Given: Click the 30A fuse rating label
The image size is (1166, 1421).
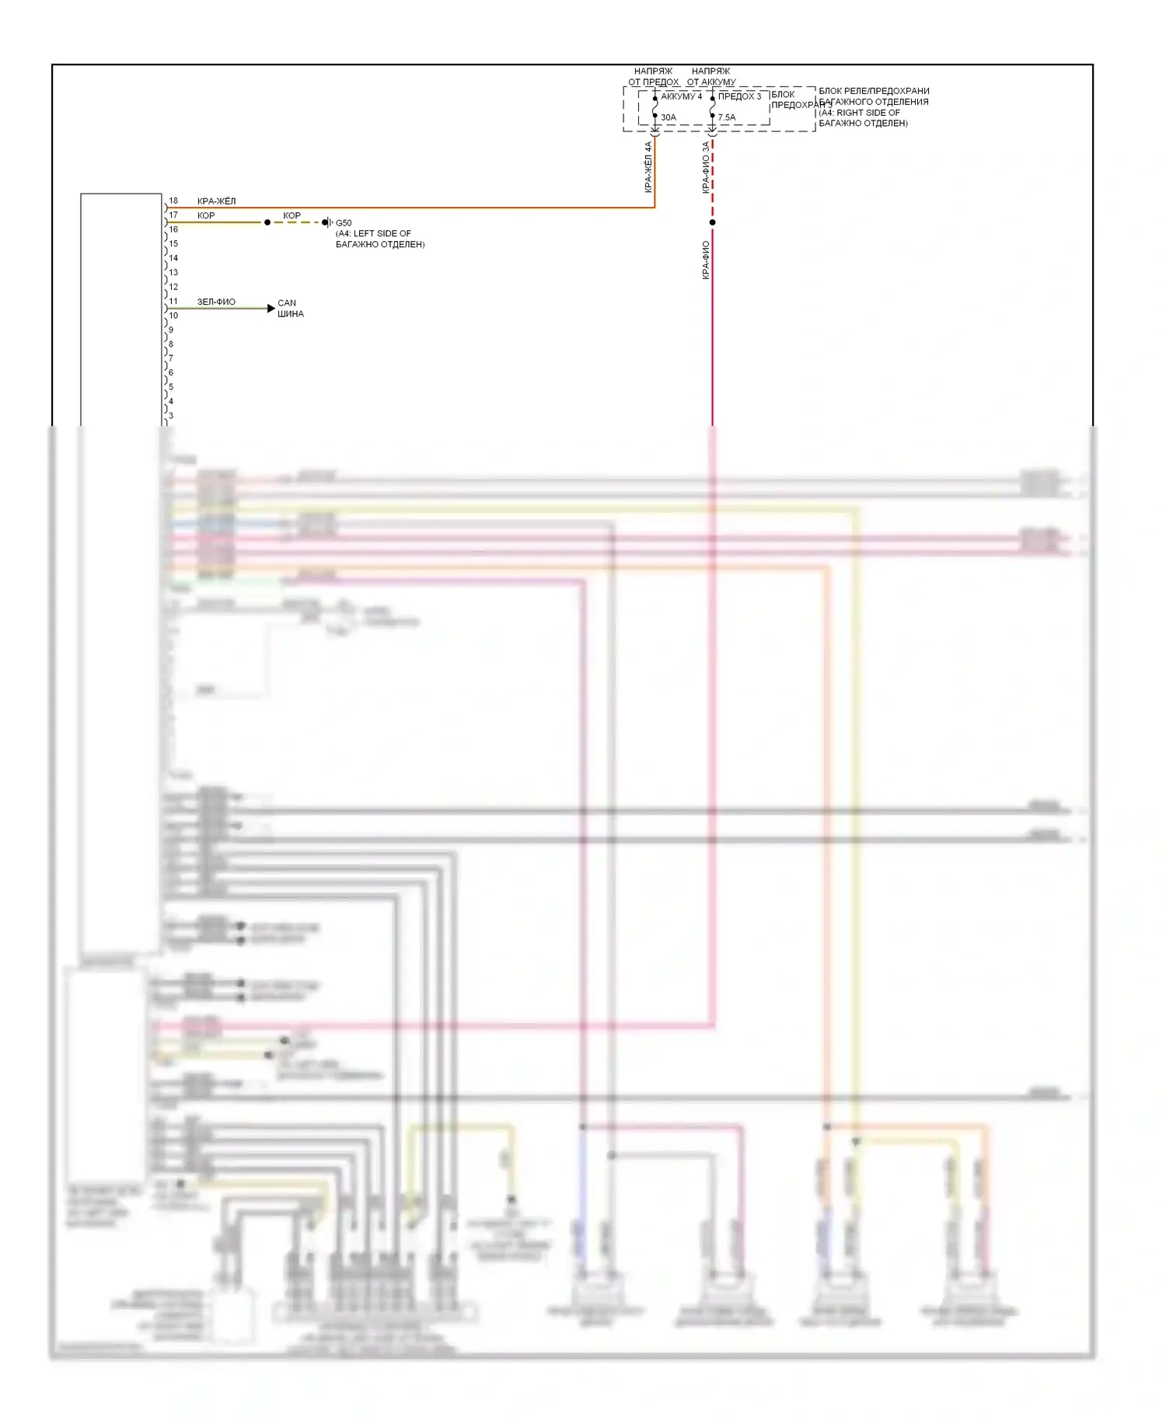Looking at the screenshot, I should pos(669,117).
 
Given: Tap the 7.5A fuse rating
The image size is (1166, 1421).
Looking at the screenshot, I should pos(727,117).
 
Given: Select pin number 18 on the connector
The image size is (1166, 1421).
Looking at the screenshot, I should pos(173,201).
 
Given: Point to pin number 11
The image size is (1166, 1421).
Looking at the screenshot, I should pos(173,301).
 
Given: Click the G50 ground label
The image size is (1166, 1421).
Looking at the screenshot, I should pos(344,223).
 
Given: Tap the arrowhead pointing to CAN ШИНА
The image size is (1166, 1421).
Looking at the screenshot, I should pos(271,309).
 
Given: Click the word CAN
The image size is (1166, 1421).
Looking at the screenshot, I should pos(287,303).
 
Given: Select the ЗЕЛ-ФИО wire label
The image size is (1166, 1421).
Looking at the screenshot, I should pos(216,302).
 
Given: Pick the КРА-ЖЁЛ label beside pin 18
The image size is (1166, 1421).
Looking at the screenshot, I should pos(216,201).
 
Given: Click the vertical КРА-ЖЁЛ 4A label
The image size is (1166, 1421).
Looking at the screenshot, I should pos(648,166).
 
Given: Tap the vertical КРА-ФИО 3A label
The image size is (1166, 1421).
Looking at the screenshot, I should pos(706,166).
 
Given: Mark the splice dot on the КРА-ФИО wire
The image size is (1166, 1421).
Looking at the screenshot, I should pos(712,222).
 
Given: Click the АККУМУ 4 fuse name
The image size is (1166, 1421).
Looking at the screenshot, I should pos(682,96).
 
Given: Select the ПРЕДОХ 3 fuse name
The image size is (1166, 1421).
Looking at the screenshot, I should pos(739,96).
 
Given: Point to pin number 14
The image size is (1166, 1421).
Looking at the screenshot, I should pos(173,258).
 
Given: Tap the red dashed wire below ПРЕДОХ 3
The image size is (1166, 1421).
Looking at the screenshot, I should pos(713,179).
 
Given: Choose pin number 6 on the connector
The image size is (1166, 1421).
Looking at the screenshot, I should pos(171,372).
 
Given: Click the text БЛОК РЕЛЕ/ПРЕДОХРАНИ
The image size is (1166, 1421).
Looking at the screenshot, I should pos(874,91).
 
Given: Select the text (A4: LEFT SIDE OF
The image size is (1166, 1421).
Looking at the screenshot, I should pos(373,233).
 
